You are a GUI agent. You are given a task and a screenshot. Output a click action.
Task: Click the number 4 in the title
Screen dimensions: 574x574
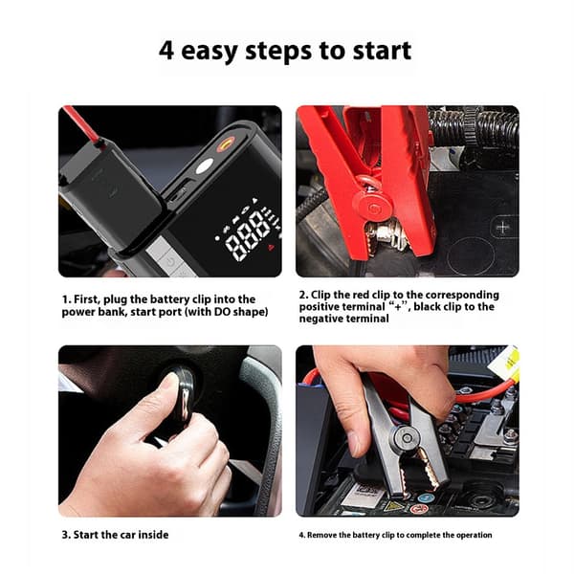[x=166, y=50]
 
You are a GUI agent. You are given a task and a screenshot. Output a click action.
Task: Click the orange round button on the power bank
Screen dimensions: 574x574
[x=226, y=143]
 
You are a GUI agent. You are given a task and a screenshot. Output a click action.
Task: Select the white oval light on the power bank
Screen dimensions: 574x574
[x=205, y=166]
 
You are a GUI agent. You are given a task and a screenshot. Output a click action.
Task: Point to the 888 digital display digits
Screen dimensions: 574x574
[x=247, y=237]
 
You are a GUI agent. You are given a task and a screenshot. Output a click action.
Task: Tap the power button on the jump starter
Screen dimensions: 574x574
[x=169, y=262]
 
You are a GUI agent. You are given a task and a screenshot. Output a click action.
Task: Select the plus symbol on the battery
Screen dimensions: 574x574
[x=502, y=228]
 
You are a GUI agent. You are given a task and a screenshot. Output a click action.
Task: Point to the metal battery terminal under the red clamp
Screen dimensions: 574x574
[x=385, y=233]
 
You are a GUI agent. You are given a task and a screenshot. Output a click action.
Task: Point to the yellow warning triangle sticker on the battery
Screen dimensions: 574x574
[x=393, y=505]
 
